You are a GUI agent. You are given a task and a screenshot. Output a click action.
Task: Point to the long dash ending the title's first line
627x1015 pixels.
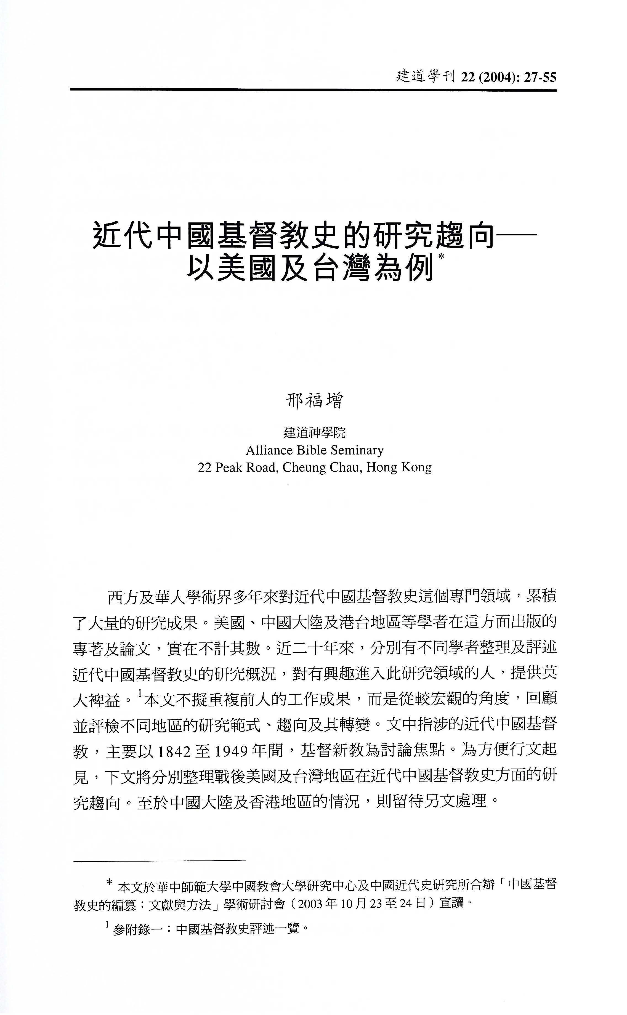516,235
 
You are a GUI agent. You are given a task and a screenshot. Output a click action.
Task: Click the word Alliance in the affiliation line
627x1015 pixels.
266,450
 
